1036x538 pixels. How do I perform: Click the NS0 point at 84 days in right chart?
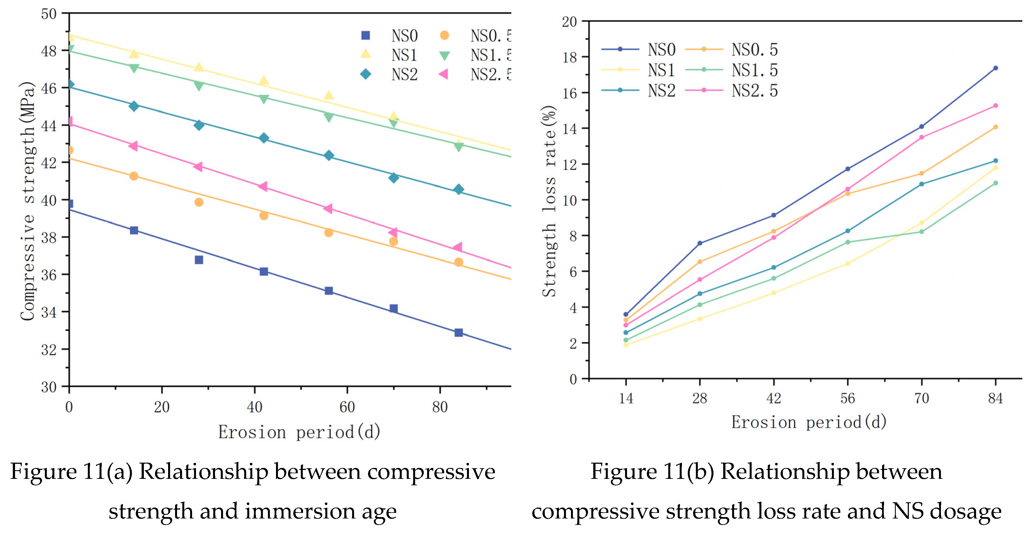click(995, 68)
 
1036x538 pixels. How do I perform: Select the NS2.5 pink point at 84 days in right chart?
click(995, 105)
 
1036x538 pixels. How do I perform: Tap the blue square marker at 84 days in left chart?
click(459, 332)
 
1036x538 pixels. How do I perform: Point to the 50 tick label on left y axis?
click(49, 14)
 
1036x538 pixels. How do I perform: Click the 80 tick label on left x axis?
click(440, 407)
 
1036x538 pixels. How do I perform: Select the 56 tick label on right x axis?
click(847, 398)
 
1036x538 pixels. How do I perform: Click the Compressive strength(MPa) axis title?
click(27, 201)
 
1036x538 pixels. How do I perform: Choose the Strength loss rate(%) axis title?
click(549, 201)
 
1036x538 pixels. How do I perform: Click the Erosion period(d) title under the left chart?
click(299, 432)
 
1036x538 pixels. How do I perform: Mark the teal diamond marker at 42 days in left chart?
click(264, 138)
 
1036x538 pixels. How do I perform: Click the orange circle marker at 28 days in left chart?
click(199, 202)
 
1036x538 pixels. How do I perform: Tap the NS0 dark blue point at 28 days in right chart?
click(700, 243)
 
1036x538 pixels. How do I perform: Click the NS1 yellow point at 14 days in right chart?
click(626, 345)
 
